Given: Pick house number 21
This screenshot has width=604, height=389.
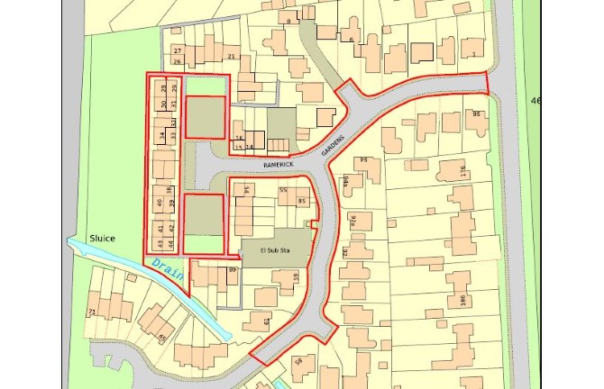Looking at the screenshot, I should coord(232,57).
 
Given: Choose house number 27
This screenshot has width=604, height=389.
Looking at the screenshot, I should coord(178,50).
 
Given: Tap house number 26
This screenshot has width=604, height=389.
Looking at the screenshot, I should coord(178,61).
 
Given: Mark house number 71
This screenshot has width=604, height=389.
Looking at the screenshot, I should coord(91,312).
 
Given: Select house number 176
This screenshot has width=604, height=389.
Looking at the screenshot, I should coord(463,170).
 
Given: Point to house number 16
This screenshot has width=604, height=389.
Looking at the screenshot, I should coord(239,138).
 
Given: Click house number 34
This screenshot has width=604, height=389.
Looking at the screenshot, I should coord(161,136).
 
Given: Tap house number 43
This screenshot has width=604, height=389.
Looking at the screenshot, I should coord(160,243).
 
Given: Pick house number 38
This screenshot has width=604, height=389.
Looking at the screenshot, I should coord(169,189).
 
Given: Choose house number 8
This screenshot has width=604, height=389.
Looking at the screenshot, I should coord(288,20).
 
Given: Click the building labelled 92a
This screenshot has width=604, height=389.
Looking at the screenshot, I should coord(353,219).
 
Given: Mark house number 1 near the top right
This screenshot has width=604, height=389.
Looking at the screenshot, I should coord(473,56).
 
